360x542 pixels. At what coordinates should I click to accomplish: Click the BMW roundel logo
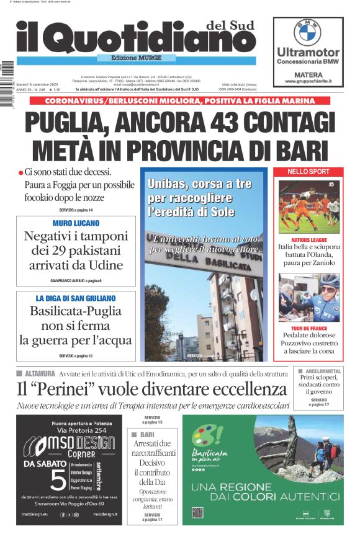tap(308, 32)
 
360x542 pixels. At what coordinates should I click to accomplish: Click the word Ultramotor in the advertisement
tap(308, 53)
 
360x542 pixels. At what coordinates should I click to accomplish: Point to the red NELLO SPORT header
tap(308, 172)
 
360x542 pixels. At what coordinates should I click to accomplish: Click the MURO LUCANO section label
tap(76, 223)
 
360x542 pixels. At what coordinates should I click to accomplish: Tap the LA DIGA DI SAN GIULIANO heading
tap(76, 298)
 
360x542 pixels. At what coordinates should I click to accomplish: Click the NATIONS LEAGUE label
tap(308, 239)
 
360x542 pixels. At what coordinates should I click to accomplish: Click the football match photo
tap(308, 206)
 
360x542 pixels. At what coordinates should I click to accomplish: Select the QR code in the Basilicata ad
tap(198, 512)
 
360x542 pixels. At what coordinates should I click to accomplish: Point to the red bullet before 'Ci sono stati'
tap(20, 172)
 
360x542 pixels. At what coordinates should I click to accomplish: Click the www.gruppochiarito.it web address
tap(308, 81)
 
